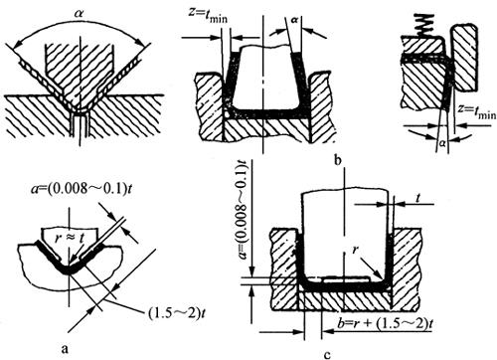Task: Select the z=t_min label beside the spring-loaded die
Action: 477,111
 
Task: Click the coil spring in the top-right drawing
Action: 424,26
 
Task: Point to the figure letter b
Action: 338,160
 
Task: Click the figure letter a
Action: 65,348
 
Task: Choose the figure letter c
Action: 327,355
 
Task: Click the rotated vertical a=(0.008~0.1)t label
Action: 245,210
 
